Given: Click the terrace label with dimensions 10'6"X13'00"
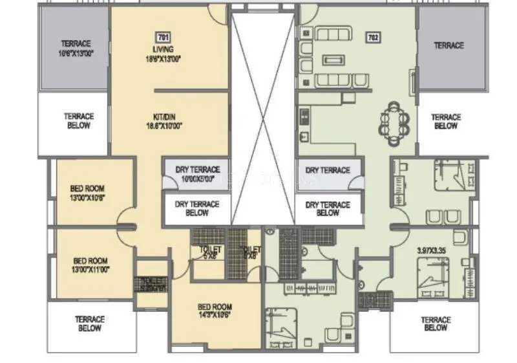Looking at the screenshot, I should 76,49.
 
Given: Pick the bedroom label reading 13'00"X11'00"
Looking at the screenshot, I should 90,265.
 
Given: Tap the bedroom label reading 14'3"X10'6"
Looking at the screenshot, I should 215,311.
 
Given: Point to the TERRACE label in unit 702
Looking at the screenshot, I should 448,45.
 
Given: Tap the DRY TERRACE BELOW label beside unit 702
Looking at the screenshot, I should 328,208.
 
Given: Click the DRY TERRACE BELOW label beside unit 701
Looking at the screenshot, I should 197,208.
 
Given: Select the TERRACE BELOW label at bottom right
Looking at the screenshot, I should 436,324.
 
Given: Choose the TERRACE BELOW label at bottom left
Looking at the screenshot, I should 89,324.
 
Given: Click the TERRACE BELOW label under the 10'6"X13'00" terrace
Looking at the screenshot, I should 79,121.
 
